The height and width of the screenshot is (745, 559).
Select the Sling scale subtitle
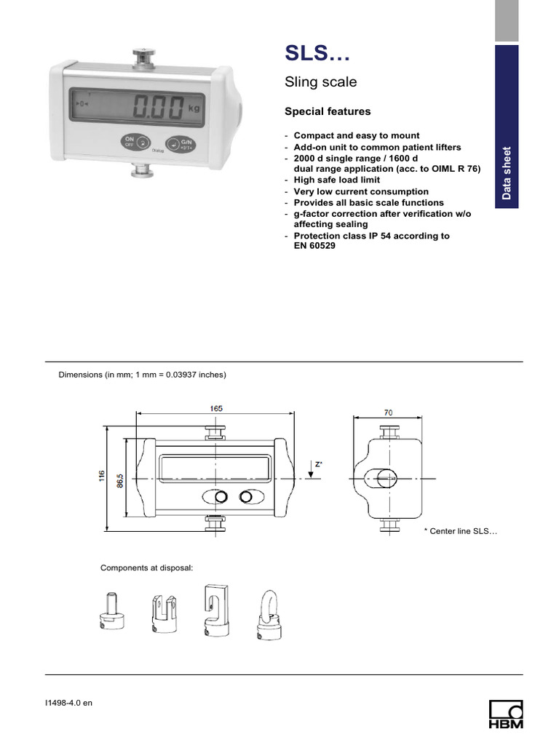coord(320,82)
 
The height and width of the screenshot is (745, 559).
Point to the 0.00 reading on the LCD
coord(158,108)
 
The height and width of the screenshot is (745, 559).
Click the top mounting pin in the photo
coord(142,55)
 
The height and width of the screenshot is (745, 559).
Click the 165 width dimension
coord(216,409)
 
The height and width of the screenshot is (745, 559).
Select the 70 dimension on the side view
coord(388,413)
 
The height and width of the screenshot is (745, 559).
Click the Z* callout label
coord(318,463)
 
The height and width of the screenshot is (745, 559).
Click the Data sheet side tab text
coord(507,173)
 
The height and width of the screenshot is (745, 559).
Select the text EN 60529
coord(310,246)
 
